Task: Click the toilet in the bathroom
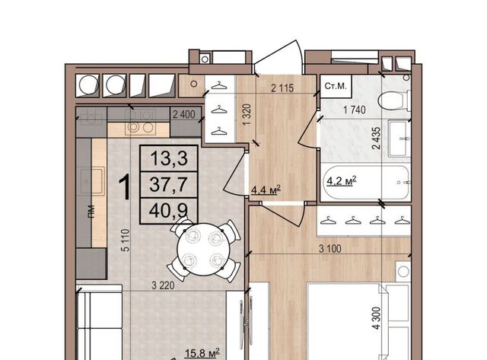coord(393,100)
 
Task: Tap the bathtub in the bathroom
coord(366,183)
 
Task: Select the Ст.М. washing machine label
coord(335,86)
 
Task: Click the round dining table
coord(203,250)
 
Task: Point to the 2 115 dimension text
coord(282,88)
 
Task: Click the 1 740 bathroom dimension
coord(354,110)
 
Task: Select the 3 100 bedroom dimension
coord(329,248)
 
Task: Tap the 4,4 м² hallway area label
coord(266,190)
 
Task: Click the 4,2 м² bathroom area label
coord(341,180)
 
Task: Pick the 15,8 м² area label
coord(202,353)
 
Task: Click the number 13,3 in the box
coord(169,158)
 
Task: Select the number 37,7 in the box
coord(169,184)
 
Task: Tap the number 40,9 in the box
coord(169,211)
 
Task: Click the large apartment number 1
coord(125,187)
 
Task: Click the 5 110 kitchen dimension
coord(125,240)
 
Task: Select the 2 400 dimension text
coord(183,115)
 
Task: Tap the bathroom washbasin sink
coord(399,139)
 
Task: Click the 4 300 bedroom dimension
coord(376,318)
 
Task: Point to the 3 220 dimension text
coord(163,285)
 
